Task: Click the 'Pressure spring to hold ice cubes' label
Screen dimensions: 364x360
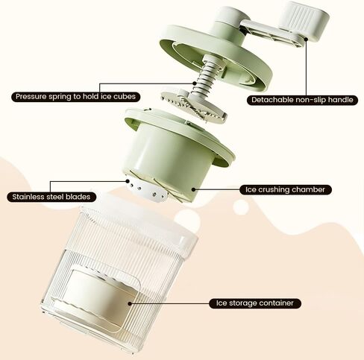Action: (x=76, y=96)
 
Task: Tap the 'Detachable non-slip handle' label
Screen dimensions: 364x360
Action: (x=302, y=100)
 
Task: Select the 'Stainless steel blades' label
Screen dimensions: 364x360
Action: (x=51, y=197)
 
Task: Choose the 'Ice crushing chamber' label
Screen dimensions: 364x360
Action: (x=285, y=190)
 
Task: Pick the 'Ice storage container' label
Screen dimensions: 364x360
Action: (x=255, y=303)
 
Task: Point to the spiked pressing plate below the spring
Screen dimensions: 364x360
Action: (x=194, y=106)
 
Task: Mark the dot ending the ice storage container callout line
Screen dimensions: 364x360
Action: (x=130, y=303)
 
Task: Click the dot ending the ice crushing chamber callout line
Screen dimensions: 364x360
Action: (x=193, y=189)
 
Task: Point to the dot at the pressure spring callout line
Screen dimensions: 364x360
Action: (x=194, y=83)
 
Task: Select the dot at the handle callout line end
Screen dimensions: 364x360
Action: (x=307, y=39)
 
